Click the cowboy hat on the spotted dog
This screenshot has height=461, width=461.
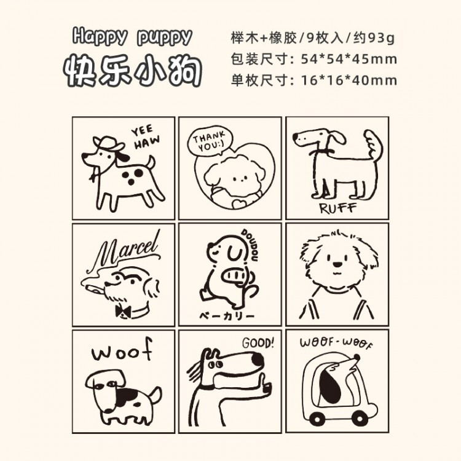pos(108,143)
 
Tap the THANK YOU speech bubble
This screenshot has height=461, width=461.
pos(210,143)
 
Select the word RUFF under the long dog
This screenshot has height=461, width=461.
pos(338,208)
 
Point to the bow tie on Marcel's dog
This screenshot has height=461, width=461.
pos(123,312)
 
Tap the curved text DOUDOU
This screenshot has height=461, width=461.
pos(251,245)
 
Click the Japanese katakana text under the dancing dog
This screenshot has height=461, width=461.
pos(227,316)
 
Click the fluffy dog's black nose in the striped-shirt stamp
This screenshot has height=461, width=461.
pos(337,264)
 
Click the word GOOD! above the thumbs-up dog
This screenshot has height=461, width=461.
pos(258,343)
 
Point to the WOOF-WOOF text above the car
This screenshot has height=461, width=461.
pos(336,343)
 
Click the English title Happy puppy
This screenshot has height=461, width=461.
pos(132,37)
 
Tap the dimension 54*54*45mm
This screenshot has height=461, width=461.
pos(349,60)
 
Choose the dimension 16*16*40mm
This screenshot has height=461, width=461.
pos(349,81)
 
